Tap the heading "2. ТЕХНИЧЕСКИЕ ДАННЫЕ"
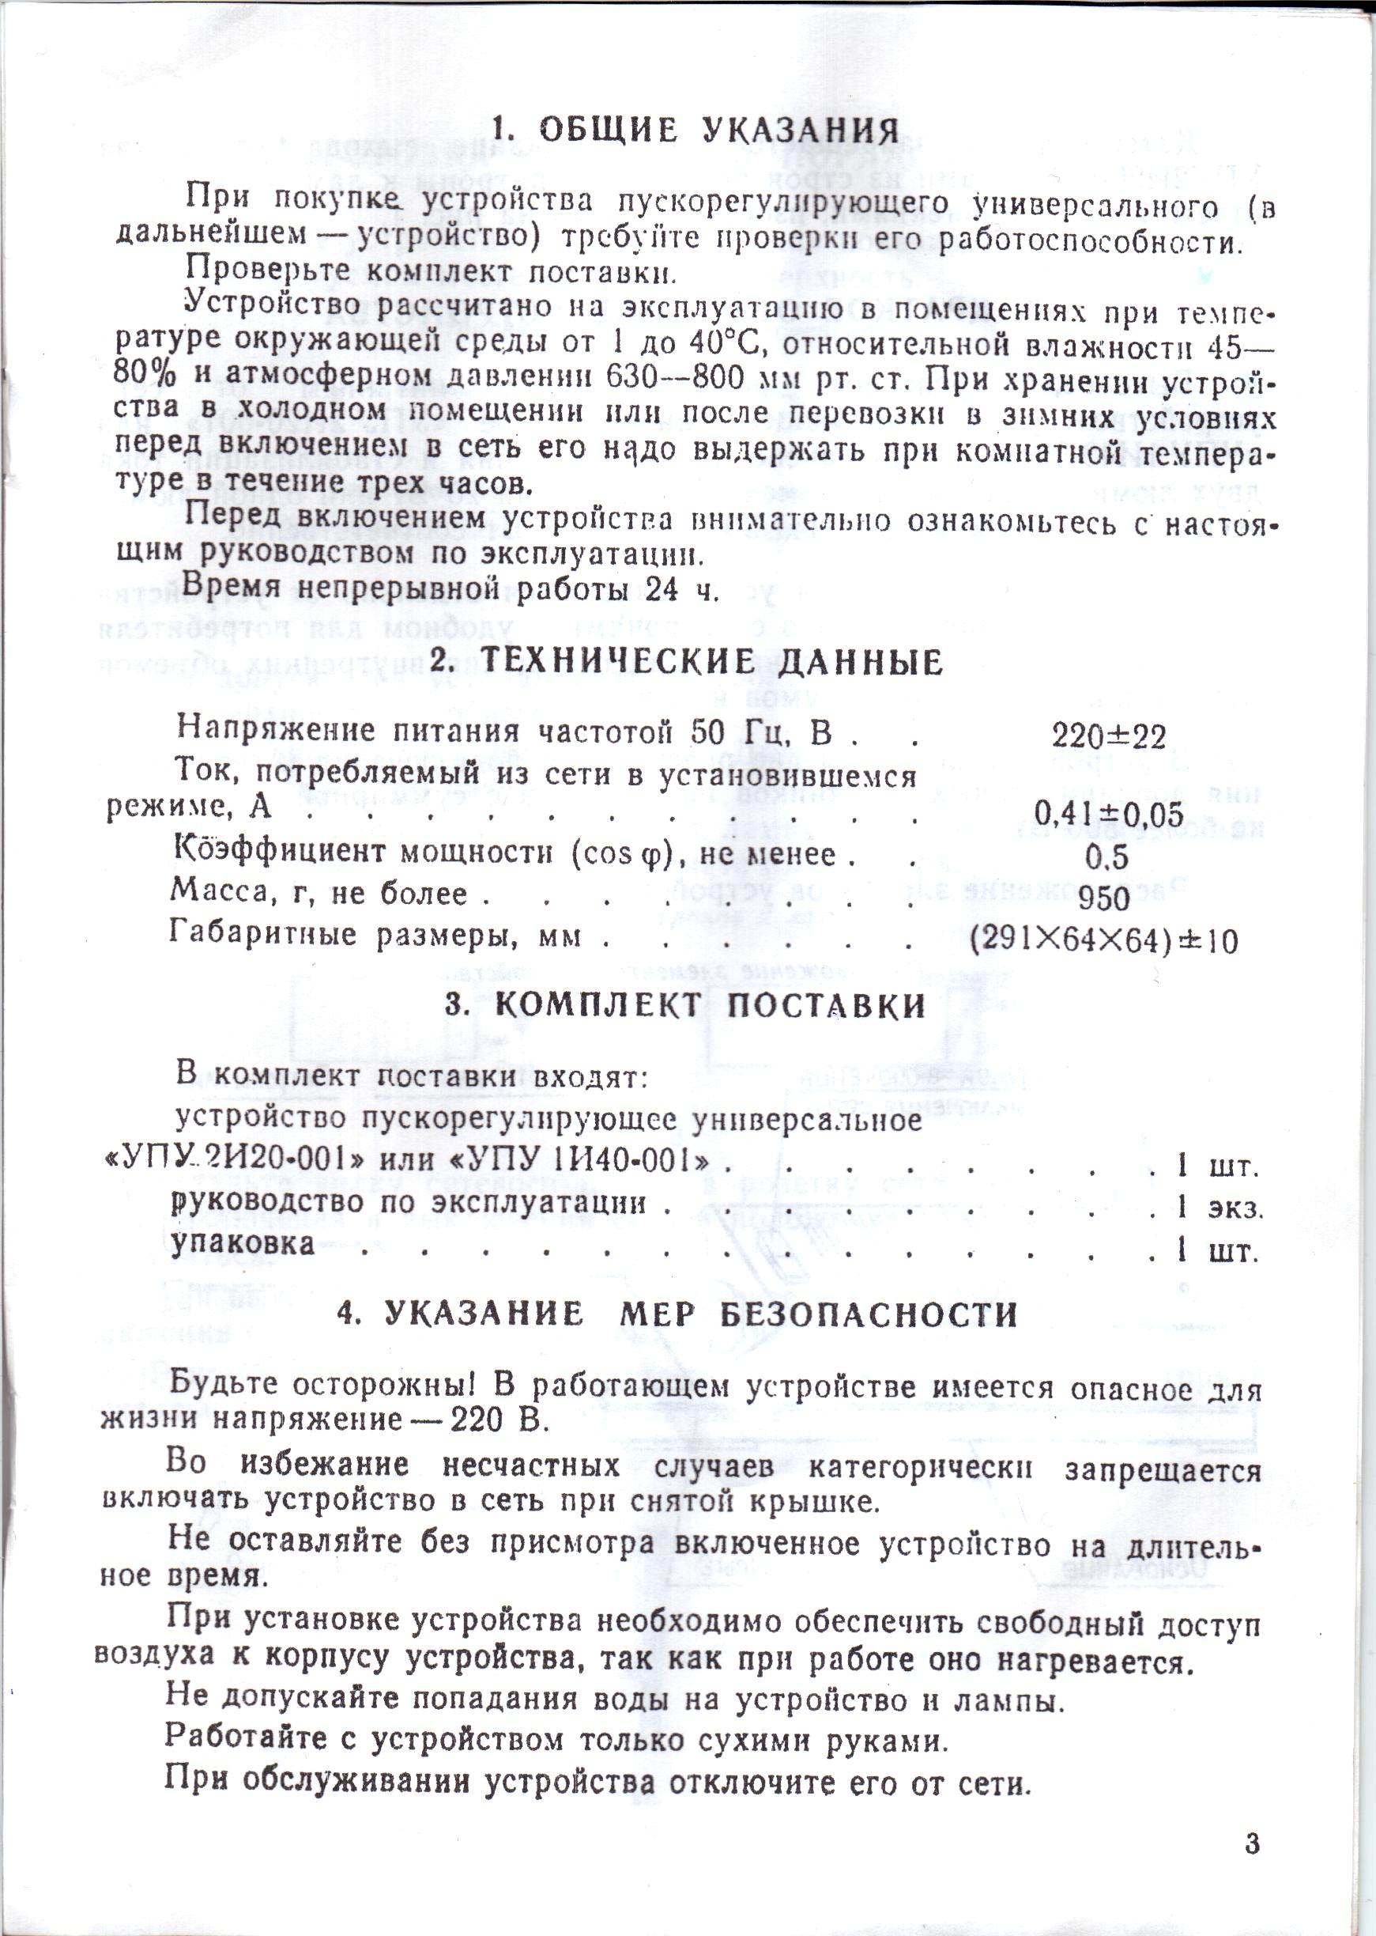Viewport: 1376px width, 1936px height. (687, 662)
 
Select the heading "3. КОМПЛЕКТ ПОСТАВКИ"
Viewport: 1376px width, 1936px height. (685, 1006)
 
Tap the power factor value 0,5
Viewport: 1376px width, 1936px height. (1107, 858)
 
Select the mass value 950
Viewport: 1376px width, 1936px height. (1105, 898)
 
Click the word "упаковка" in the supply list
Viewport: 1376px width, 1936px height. (243, 1243)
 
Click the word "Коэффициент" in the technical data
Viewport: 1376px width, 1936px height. (279, 851)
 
